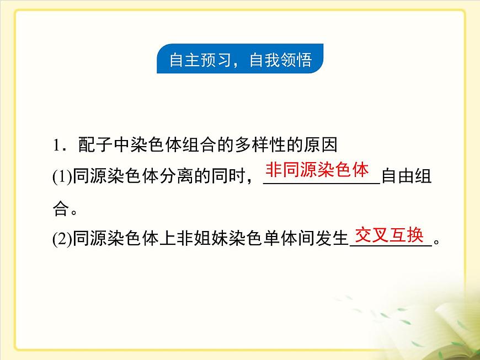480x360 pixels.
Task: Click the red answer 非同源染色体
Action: [x=317, y=170]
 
